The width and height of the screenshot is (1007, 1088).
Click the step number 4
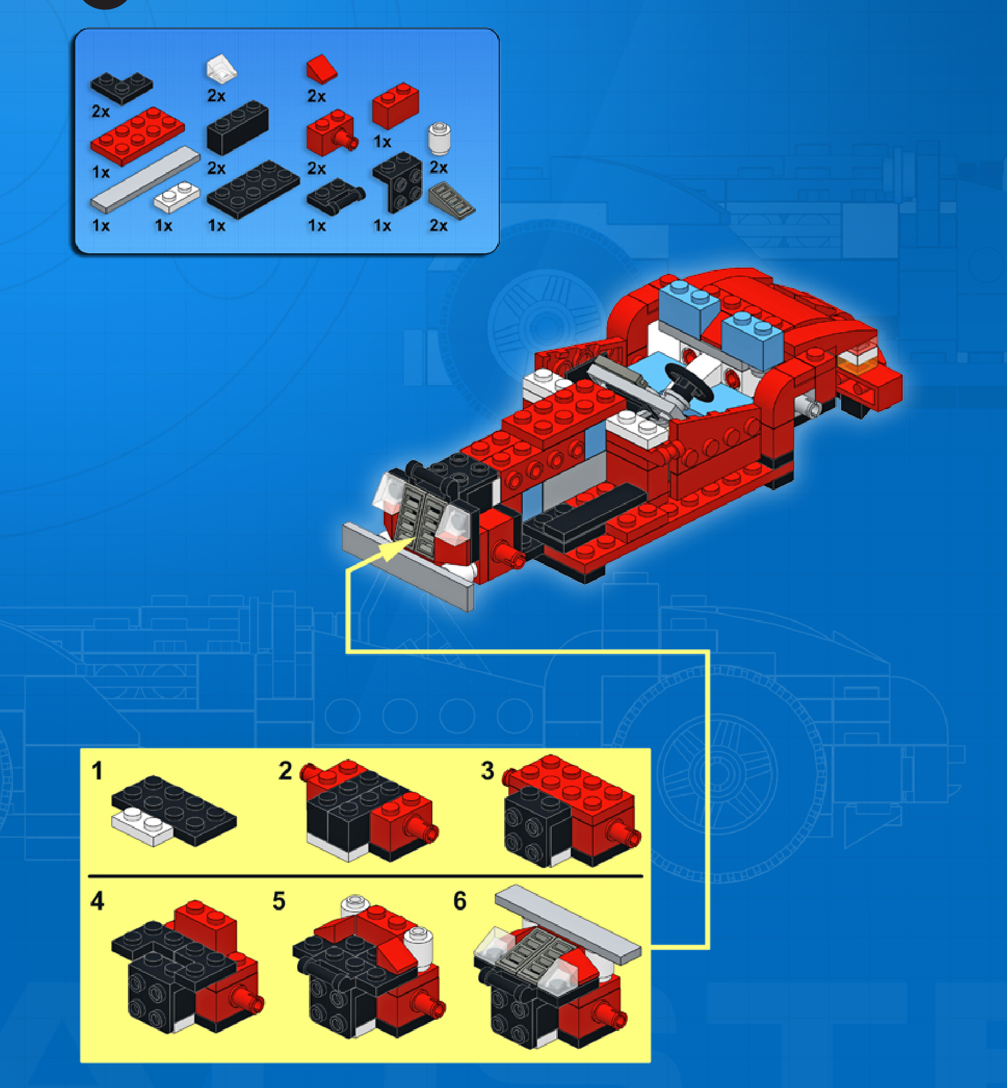click(x=97, y=901)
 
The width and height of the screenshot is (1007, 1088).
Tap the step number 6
click(x=460, y=901)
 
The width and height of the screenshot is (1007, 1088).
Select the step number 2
click(x=285, y=771)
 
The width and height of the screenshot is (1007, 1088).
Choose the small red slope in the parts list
click(x=322, y=69)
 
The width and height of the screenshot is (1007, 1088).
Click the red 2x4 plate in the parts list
click(x=137, y=136)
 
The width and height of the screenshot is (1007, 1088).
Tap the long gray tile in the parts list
click(x=145, y=179)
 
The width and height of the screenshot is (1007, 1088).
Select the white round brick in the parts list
click(x=439, y=139)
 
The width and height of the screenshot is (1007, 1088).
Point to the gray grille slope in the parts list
click(x=451, y=201)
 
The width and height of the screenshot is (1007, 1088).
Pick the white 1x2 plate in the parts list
click(x=176, y=196)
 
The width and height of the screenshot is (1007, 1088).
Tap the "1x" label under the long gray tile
click(x=101, y=226)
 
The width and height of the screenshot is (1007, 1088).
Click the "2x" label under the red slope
click(x=317, y=96)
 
